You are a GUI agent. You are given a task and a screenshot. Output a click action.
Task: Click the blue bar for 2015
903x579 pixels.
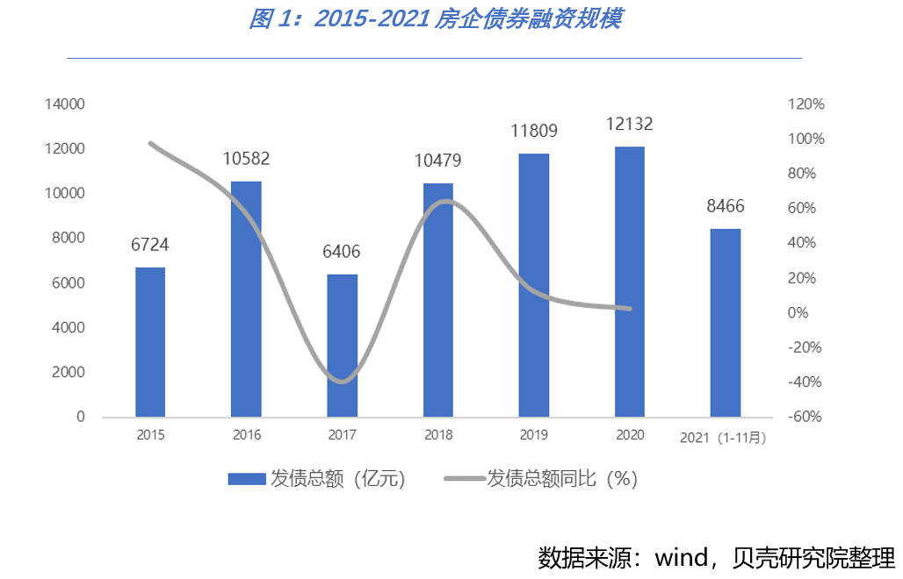(150, 342)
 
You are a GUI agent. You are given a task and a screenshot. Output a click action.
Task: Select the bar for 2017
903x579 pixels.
(342, 346)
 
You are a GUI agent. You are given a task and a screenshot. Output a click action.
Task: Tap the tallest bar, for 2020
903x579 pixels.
(630, 282)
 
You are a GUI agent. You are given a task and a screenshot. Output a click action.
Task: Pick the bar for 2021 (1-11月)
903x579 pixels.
(726, 323)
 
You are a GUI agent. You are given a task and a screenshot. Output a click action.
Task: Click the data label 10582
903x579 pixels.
(246, 160)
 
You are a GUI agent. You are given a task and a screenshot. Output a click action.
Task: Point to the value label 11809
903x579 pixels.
(534, 132)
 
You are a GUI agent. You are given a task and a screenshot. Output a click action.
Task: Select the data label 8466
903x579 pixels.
(726, 207)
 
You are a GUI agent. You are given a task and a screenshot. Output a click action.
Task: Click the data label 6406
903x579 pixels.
(342, 253)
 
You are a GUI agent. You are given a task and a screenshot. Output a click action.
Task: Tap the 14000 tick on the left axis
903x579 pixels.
(67, 104)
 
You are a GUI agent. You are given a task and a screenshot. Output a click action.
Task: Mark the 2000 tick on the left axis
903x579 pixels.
(70, 372)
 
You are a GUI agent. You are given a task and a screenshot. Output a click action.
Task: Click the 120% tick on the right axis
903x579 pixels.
(806, 104)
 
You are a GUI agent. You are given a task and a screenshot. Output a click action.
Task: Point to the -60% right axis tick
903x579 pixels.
(806, 417)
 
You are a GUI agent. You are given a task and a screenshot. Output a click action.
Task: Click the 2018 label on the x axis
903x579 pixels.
(437, 435)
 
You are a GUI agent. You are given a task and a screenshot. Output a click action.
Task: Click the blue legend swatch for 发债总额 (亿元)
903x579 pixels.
(246, 478)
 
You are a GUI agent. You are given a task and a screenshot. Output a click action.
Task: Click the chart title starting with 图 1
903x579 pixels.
(435, 19)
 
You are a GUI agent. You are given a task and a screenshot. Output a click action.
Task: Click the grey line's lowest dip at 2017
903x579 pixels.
(342, 381)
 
